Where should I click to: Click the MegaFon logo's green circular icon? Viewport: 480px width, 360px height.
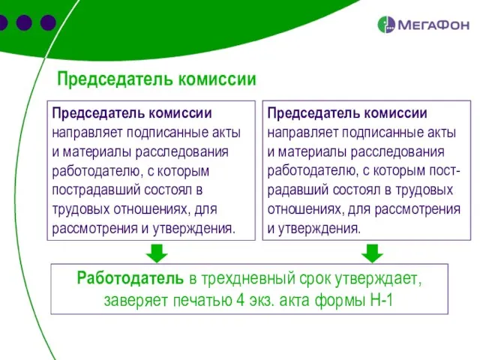[386, 25]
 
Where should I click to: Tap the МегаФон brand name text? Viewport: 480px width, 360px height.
[433, 25]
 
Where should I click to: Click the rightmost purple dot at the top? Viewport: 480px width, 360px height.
[48, 22]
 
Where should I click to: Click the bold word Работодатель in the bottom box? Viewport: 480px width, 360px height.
[130, 279]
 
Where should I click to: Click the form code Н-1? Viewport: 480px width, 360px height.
[379, 301]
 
